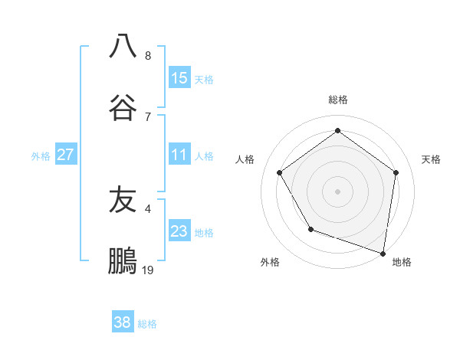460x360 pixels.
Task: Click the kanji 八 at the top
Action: (x=123, y=46)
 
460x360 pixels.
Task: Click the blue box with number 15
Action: (x=179, y=77)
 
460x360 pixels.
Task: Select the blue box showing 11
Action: (x=179, y=155)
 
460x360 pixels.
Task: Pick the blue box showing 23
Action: (x=179, y=232)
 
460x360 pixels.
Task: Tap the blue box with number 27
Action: (x=66, y=155)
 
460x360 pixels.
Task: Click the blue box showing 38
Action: (x=123, y=322)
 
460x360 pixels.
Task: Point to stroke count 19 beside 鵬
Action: (x=148, y=270)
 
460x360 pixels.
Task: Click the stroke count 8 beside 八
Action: (x=148, y=56)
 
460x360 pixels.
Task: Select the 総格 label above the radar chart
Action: (x=338, y=100)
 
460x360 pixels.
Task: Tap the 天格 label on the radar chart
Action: (x=431, y=159)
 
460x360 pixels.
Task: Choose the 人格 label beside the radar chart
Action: (x=245, y=159)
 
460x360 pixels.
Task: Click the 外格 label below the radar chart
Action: (x=270, y=262)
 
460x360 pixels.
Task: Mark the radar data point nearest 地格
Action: (x=383, y=253)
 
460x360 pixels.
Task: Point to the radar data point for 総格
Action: (x=337, y=131)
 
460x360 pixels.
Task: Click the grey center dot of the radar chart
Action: (x=337, y=191)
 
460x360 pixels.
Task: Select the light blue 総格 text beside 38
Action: (x=147, y=324)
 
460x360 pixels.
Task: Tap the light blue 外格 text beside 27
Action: (x=41, y=156)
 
